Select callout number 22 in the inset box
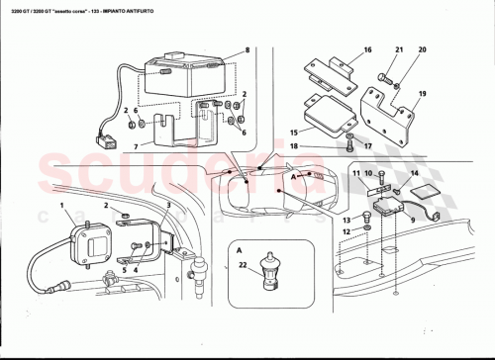point(243,264)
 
